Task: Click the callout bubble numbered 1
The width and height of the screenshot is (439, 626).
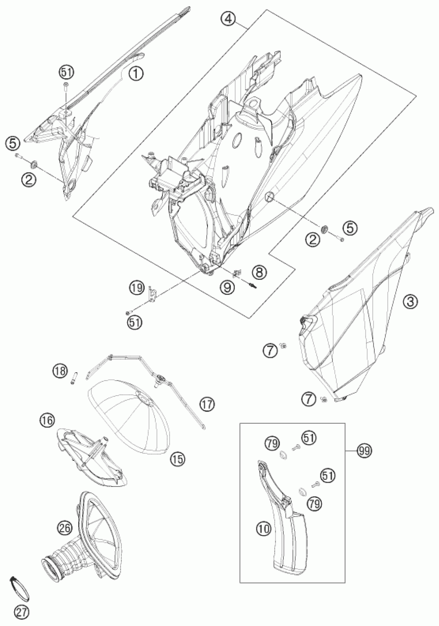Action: (136, 73)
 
